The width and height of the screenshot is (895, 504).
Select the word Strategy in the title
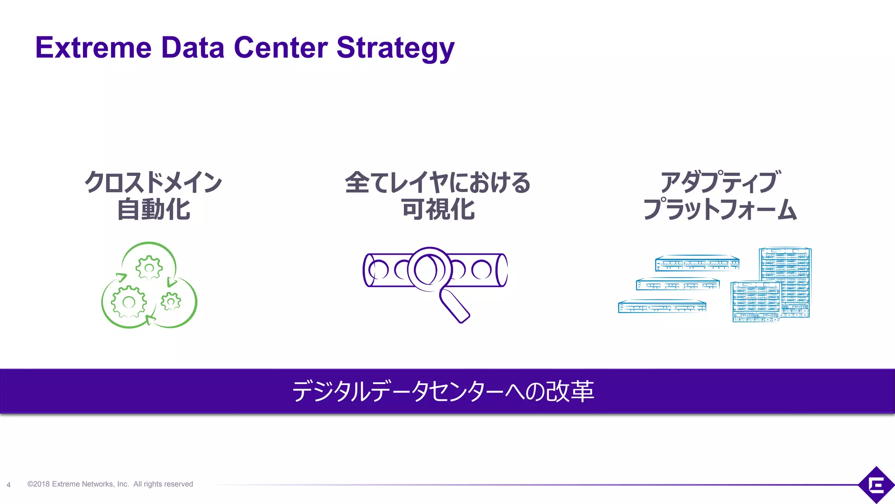coord(395,48)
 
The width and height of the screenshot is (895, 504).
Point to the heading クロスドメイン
coord(153,182)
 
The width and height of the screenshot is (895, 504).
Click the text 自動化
coord(153,209)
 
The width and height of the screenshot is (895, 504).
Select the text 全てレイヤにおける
coord(437,182)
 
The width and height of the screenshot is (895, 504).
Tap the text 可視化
coord(438,209)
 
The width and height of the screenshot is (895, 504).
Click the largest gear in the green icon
coord(128,302)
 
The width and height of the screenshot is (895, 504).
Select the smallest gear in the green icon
coord(171,301)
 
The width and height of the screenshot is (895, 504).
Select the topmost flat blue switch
coord(697,263)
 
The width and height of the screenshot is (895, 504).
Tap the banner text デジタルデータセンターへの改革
coord(443,391)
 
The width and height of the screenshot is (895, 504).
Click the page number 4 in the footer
coord(9,485)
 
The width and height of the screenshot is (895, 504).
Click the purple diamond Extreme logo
coord(876,485)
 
